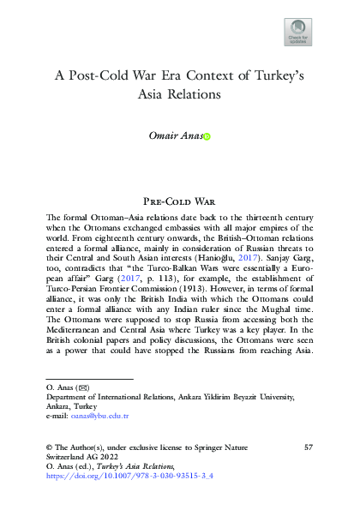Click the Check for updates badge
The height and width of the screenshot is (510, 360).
(x=297, y=33)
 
